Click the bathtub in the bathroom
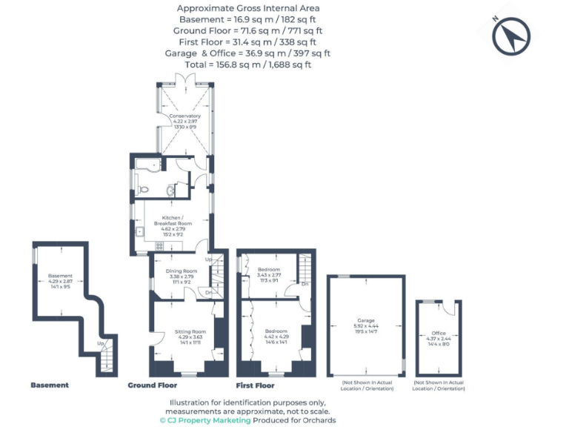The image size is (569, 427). coord(149,165)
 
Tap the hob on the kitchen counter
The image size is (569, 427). coord(159,246)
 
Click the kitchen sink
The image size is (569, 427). coord(140,231)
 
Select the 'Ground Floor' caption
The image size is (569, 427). coord(152,385)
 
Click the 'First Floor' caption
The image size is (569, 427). coord(255,385)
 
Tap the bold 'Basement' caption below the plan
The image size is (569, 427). coord(50,385)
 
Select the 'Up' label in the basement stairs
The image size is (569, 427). coord(100,344)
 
